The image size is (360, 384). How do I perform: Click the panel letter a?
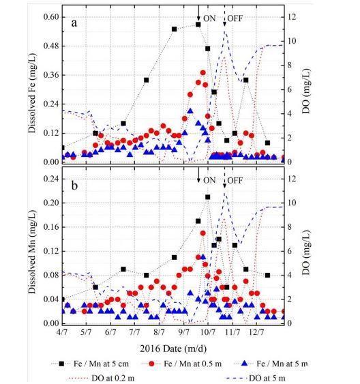click(74, 23)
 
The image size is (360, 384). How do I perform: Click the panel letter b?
click(74, 186)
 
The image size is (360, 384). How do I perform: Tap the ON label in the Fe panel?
click(209, 18)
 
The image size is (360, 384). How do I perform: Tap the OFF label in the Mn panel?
click(235, 181)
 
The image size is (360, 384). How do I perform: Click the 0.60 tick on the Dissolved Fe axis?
click(51, 17)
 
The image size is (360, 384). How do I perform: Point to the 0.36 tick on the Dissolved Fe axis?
click(51, 75)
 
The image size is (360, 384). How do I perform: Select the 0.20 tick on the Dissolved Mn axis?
click(51, 203)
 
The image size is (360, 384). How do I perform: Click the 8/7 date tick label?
click(159, 332)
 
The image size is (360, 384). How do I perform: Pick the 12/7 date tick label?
click(256, 332)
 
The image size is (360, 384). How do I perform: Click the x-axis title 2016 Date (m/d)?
click(173, 349)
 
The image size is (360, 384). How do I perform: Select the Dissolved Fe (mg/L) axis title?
click(32, 93)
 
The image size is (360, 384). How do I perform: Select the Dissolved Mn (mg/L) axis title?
click(32, 252)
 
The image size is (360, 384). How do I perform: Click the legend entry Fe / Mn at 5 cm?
click(90, 364)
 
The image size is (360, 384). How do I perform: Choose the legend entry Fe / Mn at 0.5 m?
click(181, 364)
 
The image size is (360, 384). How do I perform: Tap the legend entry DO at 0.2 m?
click(100, 378)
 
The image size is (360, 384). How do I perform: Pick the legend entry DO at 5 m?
click(256, 378)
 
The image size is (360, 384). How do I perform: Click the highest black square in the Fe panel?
click(198, 25)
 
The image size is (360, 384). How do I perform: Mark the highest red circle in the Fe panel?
click(203, 73)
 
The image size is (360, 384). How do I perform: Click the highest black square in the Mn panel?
click(208, 197)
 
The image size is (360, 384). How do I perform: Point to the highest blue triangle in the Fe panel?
click(190, 111)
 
